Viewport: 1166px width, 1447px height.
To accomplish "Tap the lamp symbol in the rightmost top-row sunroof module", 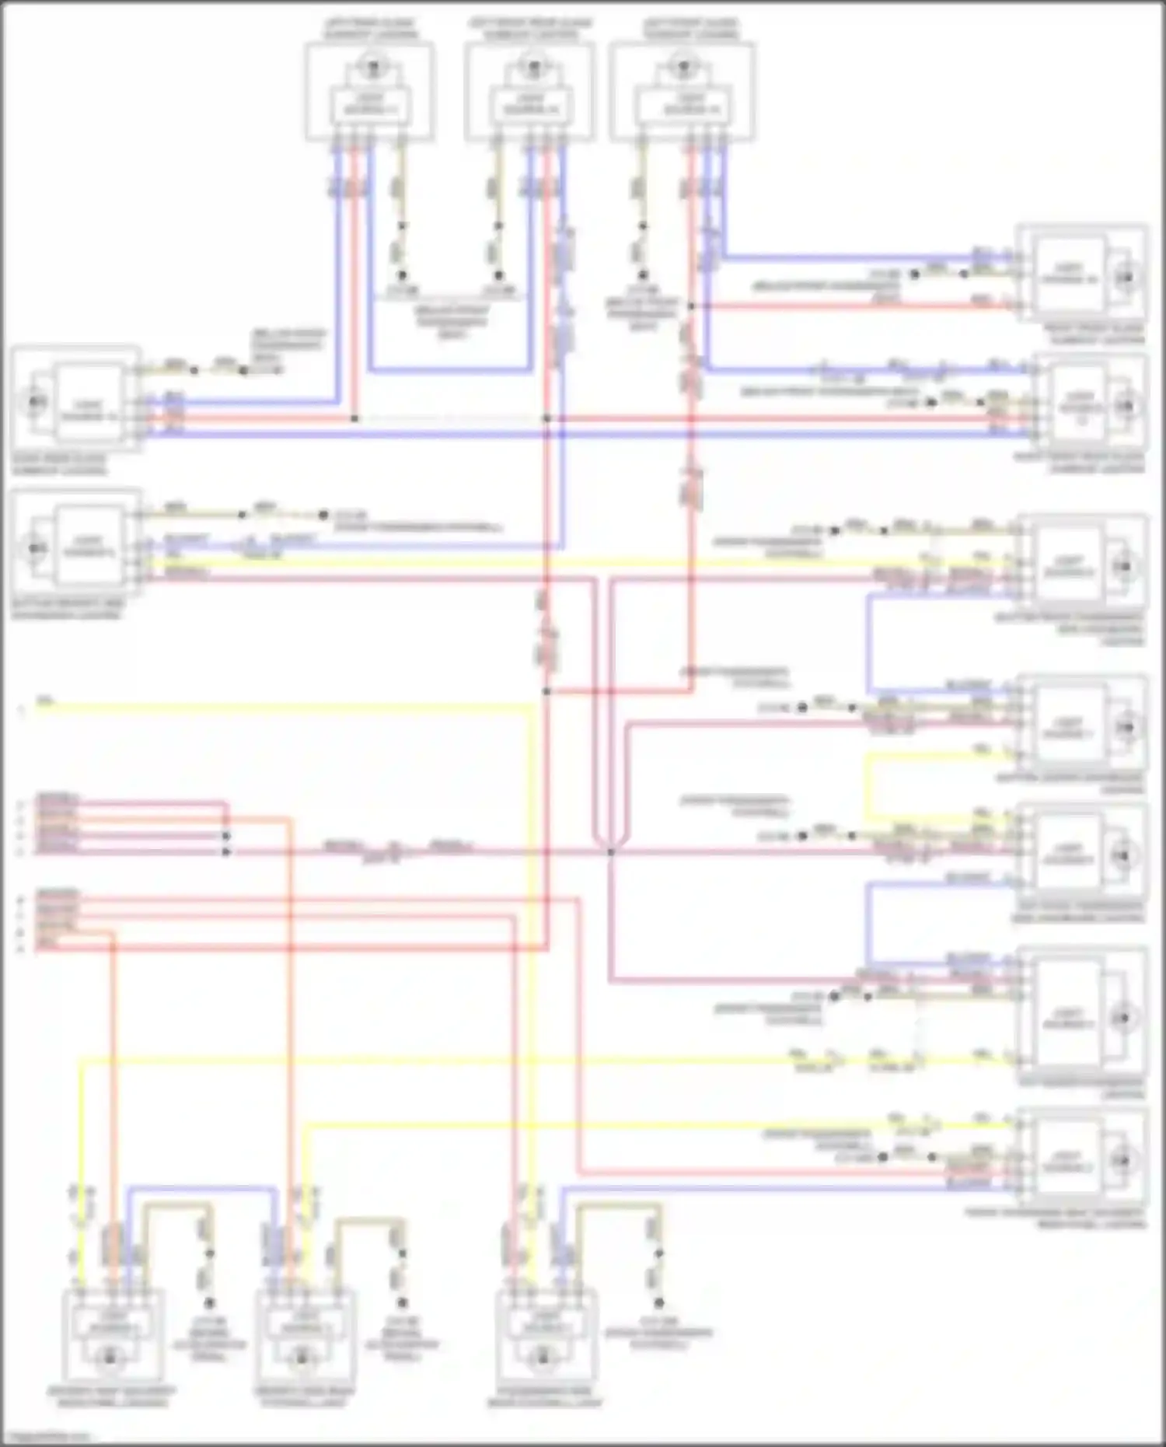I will (x=683, y=66).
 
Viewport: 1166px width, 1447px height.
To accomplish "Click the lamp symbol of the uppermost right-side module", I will (x=1125, y=277).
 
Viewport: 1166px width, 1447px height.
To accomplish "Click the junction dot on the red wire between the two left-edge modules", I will (x=354, y=418).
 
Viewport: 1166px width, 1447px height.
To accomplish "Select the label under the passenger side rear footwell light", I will (x=544, y=1396).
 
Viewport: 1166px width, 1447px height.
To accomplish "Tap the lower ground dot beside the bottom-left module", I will (x=208, y=1302).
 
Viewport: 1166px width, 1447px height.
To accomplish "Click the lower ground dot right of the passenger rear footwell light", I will (x=658, y=1302).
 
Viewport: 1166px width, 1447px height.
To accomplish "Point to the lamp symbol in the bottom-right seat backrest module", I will (x=1123, y=1161).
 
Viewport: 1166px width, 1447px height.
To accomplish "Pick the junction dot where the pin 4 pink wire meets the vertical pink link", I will (x=226, y=837).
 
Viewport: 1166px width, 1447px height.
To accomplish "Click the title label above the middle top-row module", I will (x=531, y=29).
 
